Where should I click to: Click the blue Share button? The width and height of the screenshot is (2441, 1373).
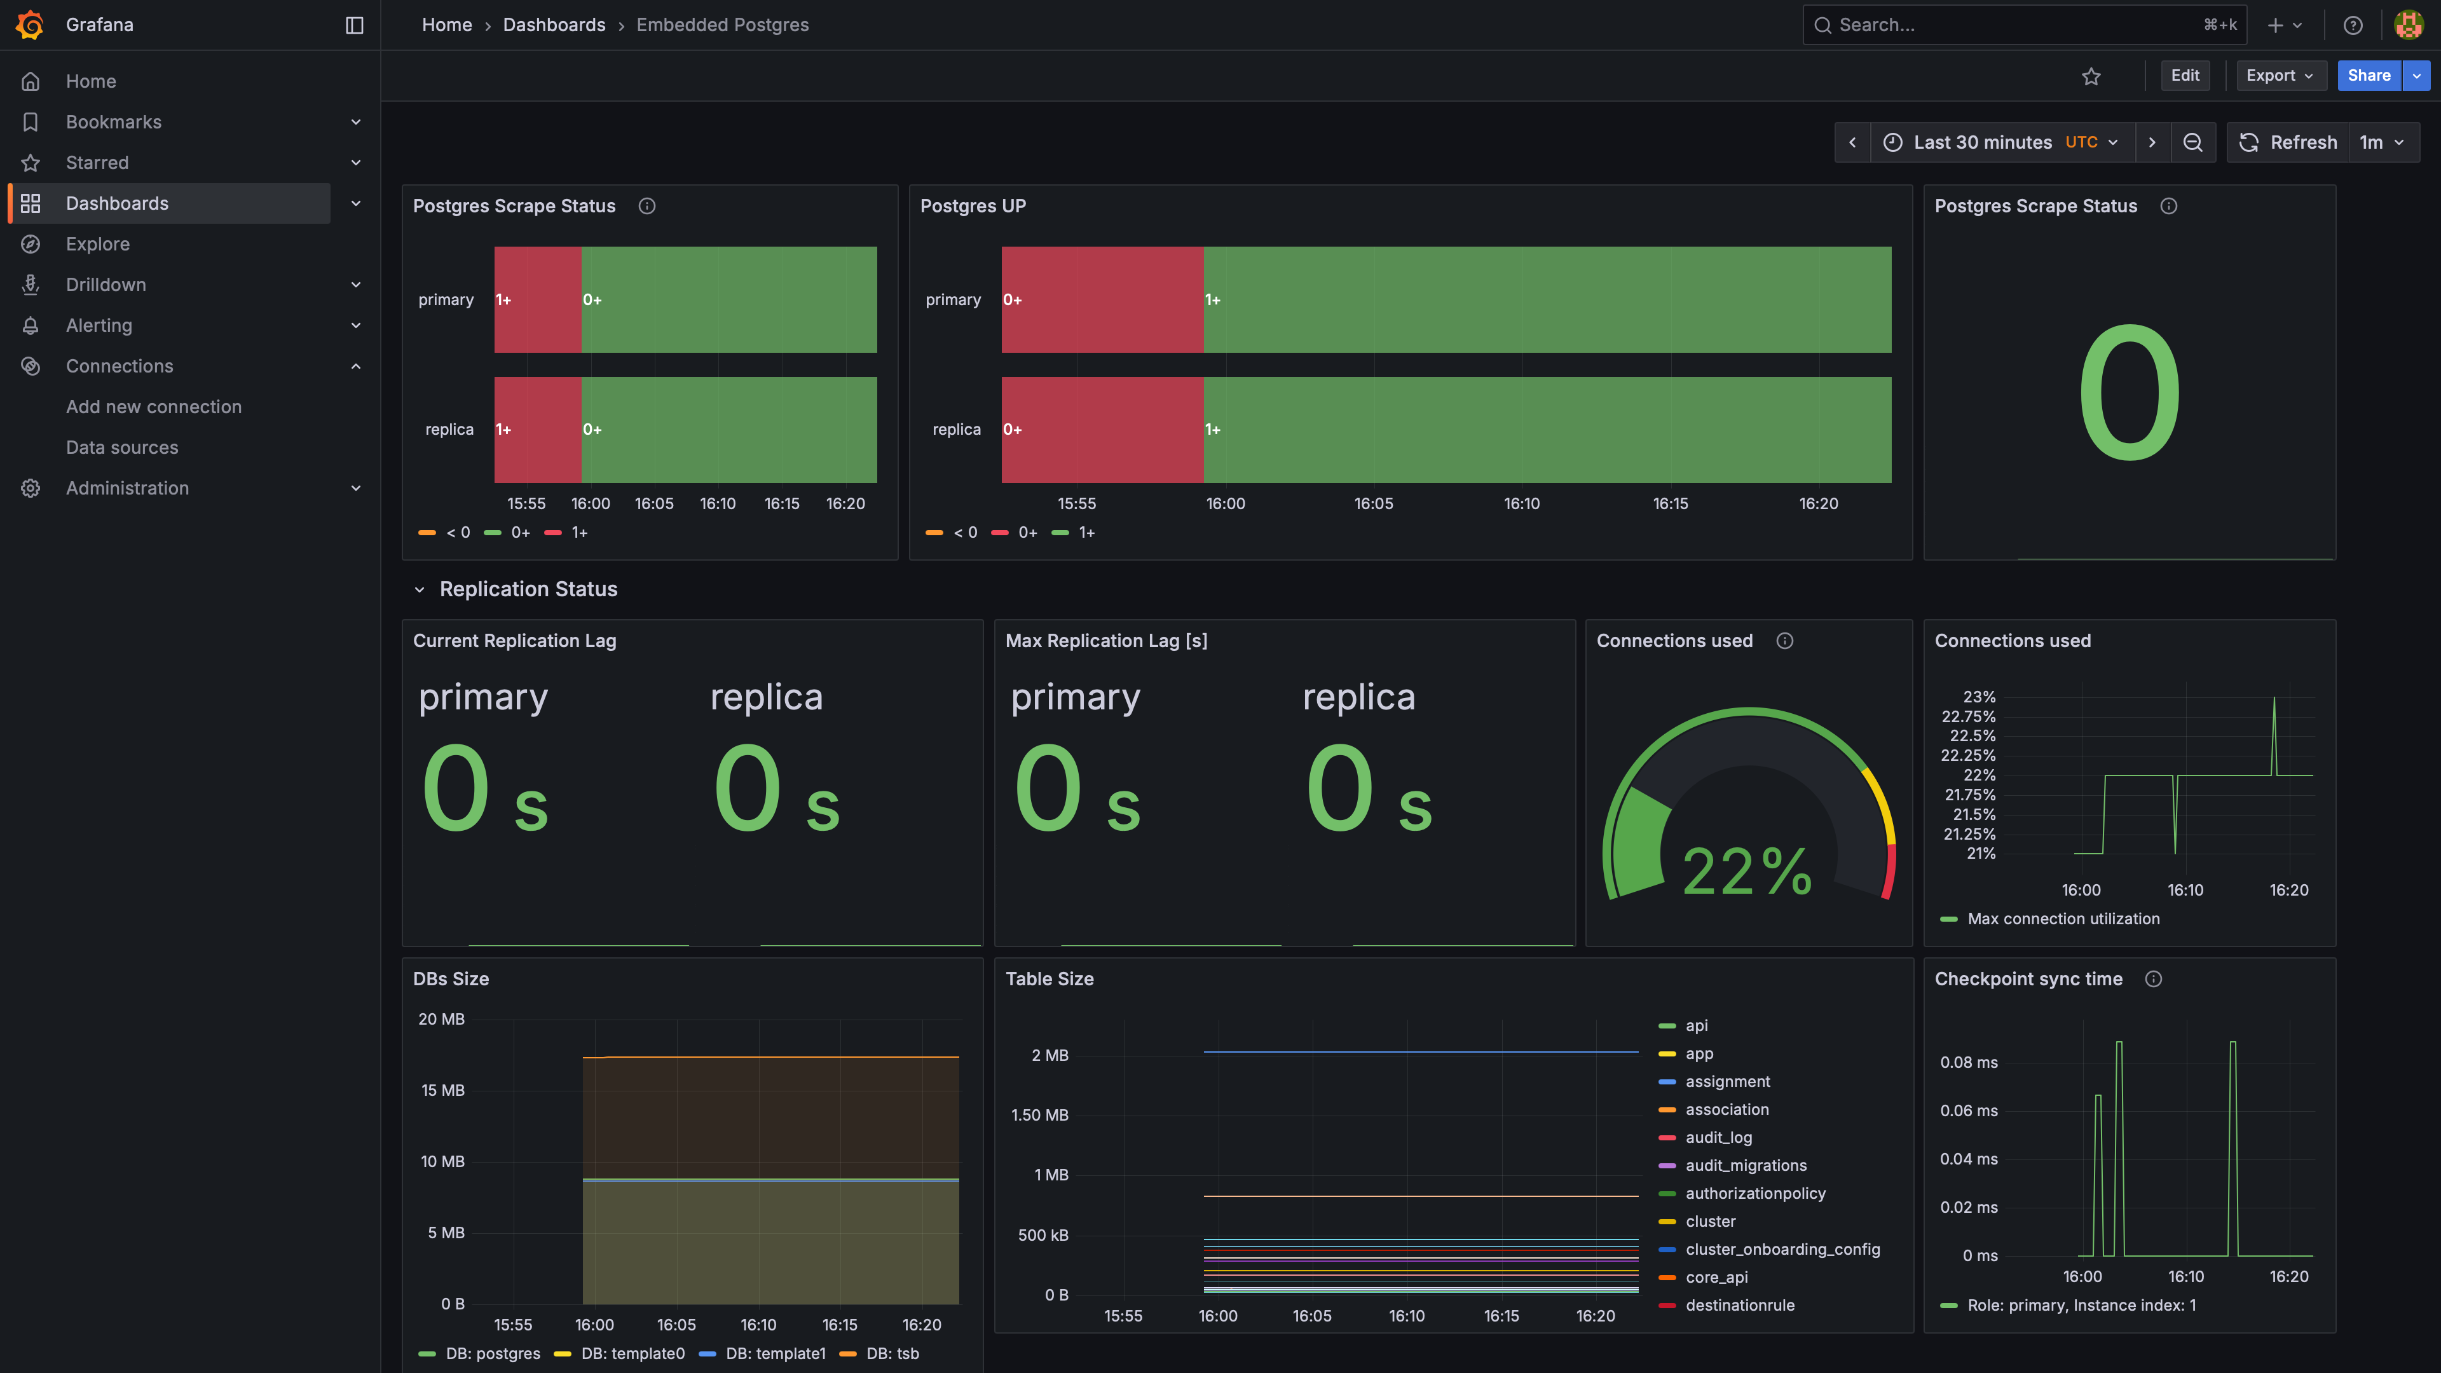2368,76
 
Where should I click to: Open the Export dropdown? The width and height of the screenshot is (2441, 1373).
2279,76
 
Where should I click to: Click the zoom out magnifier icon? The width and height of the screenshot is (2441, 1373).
2192,142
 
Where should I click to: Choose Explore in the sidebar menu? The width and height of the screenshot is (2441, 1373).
98,243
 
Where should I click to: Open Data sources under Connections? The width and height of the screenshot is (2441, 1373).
122,447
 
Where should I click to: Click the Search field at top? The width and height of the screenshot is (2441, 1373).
2018,25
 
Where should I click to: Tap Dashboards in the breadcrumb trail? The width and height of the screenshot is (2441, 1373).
554,25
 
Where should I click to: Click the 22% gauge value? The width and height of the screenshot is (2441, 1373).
1746,871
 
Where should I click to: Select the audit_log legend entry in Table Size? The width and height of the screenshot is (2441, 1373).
1718,1137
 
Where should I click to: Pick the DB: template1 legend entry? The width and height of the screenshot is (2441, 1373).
775,1353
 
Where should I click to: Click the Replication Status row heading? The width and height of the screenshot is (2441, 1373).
528,589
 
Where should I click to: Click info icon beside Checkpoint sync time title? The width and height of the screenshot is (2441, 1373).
2153,979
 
